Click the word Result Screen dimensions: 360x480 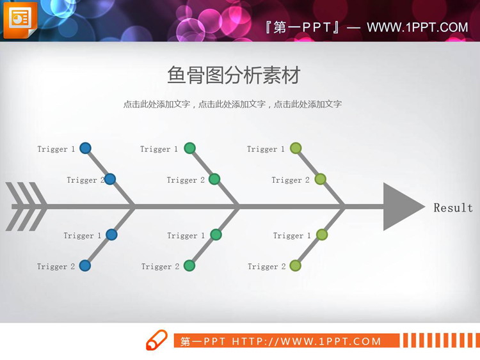click(453, 208)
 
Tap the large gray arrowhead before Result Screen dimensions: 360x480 click(401, 207)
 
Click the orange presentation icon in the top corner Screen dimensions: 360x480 click(20, 20)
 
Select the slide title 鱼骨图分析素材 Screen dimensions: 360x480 click(233, 75)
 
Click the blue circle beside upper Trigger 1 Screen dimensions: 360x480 click(85, 148)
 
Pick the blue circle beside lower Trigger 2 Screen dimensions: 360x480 click(84, 265)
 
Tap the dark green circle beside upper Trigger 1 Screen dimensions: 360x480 click(189, 148)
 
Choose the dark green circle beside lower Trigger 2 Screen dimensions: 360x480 click(189, 265)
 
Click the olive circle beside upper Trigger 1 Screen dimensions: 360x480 click(296, 148)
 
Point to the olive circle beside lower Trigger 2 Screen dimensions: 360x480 click(295, 265)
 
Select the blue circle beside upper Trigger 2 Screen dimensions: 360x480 click(109, 179)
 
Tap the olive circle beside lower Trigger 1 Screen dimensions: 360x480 click(322, 235)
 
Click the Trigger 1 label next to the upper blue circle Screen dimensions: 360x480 click(56, 149)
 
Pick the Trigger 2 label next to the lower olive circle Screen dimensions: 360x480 click(267, 267)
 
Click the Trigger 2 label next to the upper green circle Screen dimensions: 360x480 click(186, 180)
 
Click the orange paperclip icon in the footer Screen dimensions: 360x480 click(157, 340)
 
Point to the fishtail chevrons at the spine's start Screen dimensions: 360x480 click(26, 207)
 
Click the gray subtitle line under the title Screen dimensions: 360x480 click(232, 104)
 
